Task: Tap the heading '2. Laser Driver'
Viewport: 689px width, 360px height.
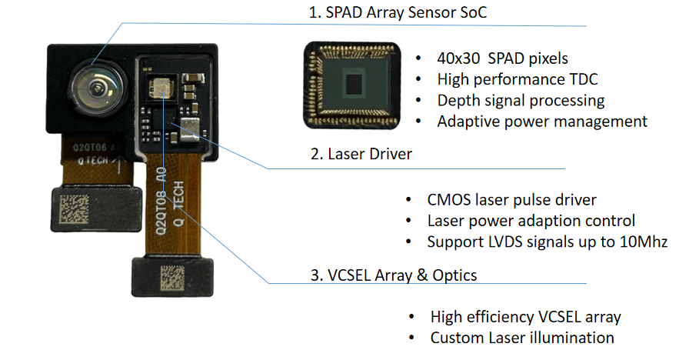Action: (361, 154)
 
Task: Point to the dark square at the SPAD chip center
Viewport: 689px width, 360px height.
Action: (354, 82)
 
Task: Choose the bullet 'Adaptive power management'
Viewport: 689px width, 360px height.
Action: (542, 121)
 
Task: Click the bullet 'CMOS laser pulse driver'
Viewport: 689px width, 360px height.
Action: (511, 200)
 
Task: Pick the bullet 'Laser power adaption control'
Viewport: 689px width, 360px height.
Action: (531, 221)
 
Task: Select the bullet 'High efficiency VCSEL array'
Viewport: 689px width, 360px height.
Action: (525, 317)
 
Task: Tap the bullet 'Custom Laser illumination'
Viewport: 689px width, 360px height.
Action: (522, 338)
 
